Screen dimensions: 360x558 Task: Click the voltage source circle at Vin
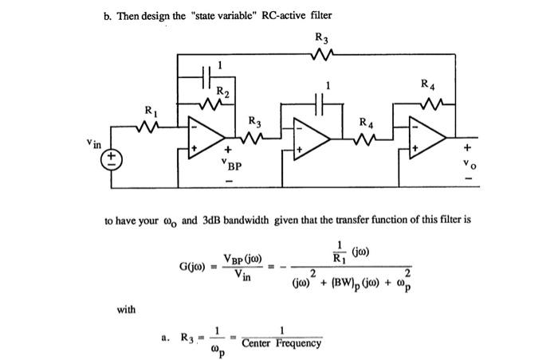coord(112,157)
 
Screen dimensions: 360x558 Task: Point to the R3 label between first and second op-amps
coord(254,121)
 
